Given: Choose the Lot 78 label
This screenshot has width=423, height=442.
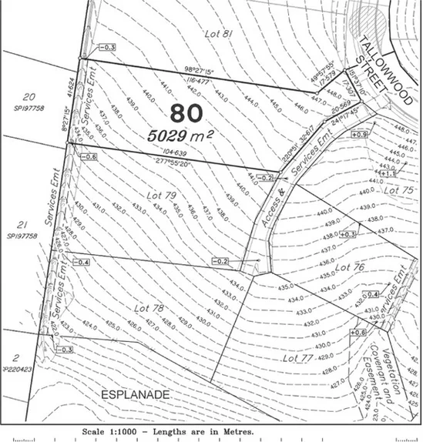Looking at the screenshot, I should (149, 308).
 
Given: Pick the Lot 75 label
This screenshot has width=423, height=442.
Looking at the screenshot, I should (400, 189).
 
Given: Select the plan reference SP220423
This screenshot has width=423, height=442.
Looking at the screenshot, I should (18, 368).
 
